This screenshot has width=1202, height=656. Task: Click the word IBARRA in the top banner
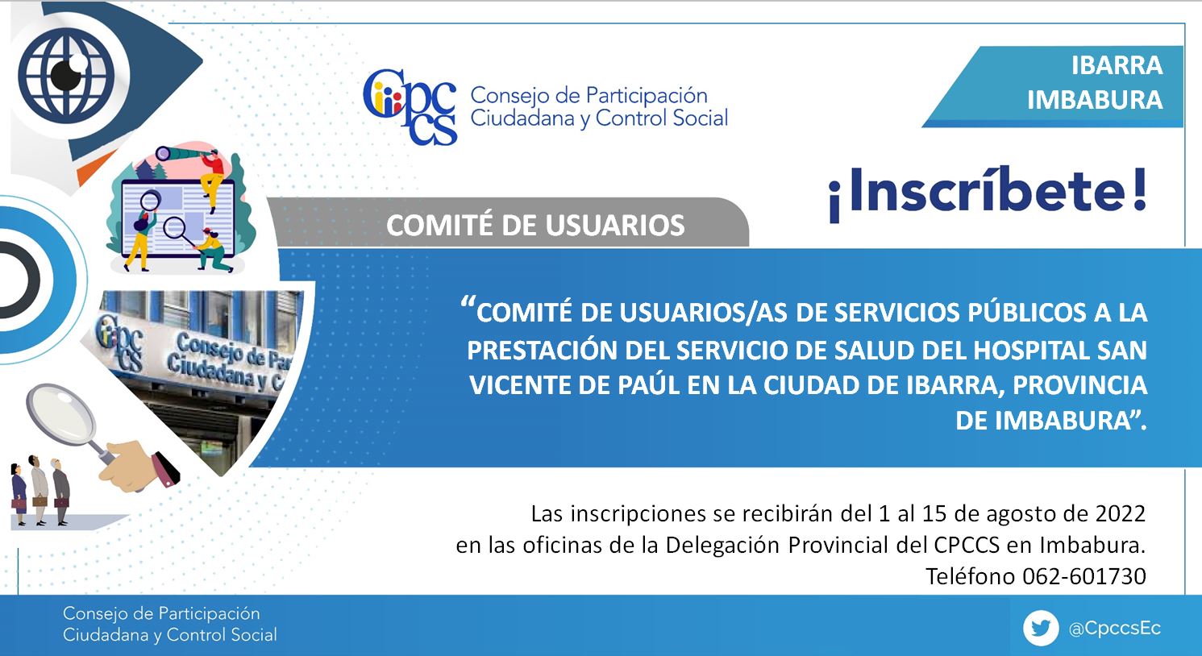pos(1117,66)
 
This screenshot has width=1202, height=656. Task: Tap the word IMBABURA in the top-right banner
pos(1095,100)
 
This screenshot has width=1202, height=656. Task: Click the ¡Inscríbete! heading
pos(988,193)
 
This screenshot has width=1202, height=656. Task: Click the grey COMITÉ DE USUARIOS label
pos(535,226)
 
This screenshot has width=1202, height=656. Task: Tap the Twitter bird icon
pos(1041,628)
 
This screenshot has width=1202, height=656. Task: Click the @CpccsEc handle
pos(1115,629)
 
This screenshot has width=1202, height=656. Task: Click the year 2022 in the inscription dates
pos(1121,514)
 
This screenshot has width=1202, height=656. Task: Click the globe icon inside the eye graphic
pos(67,74)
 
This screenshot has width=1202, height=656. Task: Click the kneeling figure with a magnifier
pos(213,250)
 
